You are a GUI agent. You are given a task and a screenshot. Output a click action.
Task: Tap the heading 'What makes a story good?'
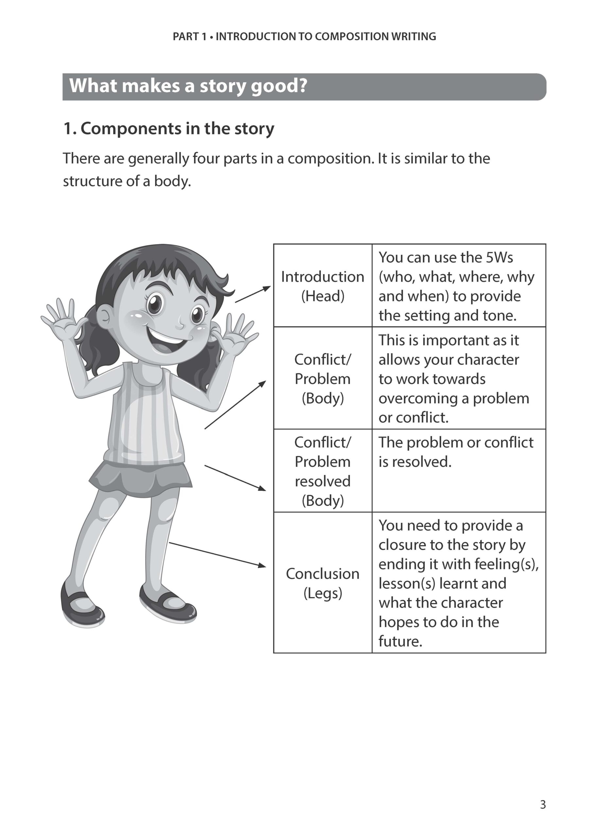point(188,86)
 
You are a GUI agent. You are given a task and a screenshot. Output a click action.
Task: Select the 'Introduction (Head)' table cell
point(323,286)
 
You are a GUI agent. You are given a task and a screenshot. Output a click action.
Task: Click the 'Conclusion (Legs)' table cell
point(323,583)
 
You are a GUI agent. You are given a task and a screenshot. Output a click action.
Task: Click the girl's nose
point(180,325)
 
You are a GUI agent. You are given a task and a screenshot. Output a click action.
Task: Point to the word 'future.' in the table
point(400,641)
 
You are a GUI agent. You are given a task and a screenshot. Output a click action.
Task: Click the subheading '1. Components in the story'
point(169,129)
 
